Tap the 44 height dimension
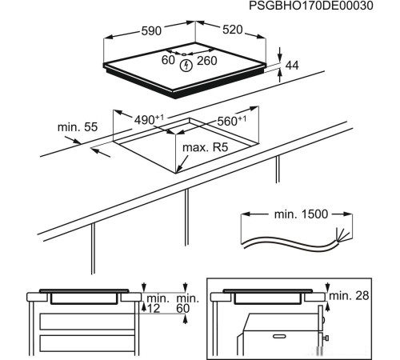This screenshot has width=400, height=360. point(291,66)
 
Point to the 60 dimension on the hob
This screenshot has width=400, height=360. point(169,61)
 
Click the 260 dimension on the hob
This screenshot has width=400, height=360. point(206,61)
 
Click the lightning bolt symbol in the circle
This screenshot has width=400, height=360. point(187,65)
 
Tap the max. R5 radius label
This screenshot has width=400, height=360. point(206,147)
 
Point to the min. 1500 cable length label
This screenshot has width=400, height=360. point(297,216)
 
